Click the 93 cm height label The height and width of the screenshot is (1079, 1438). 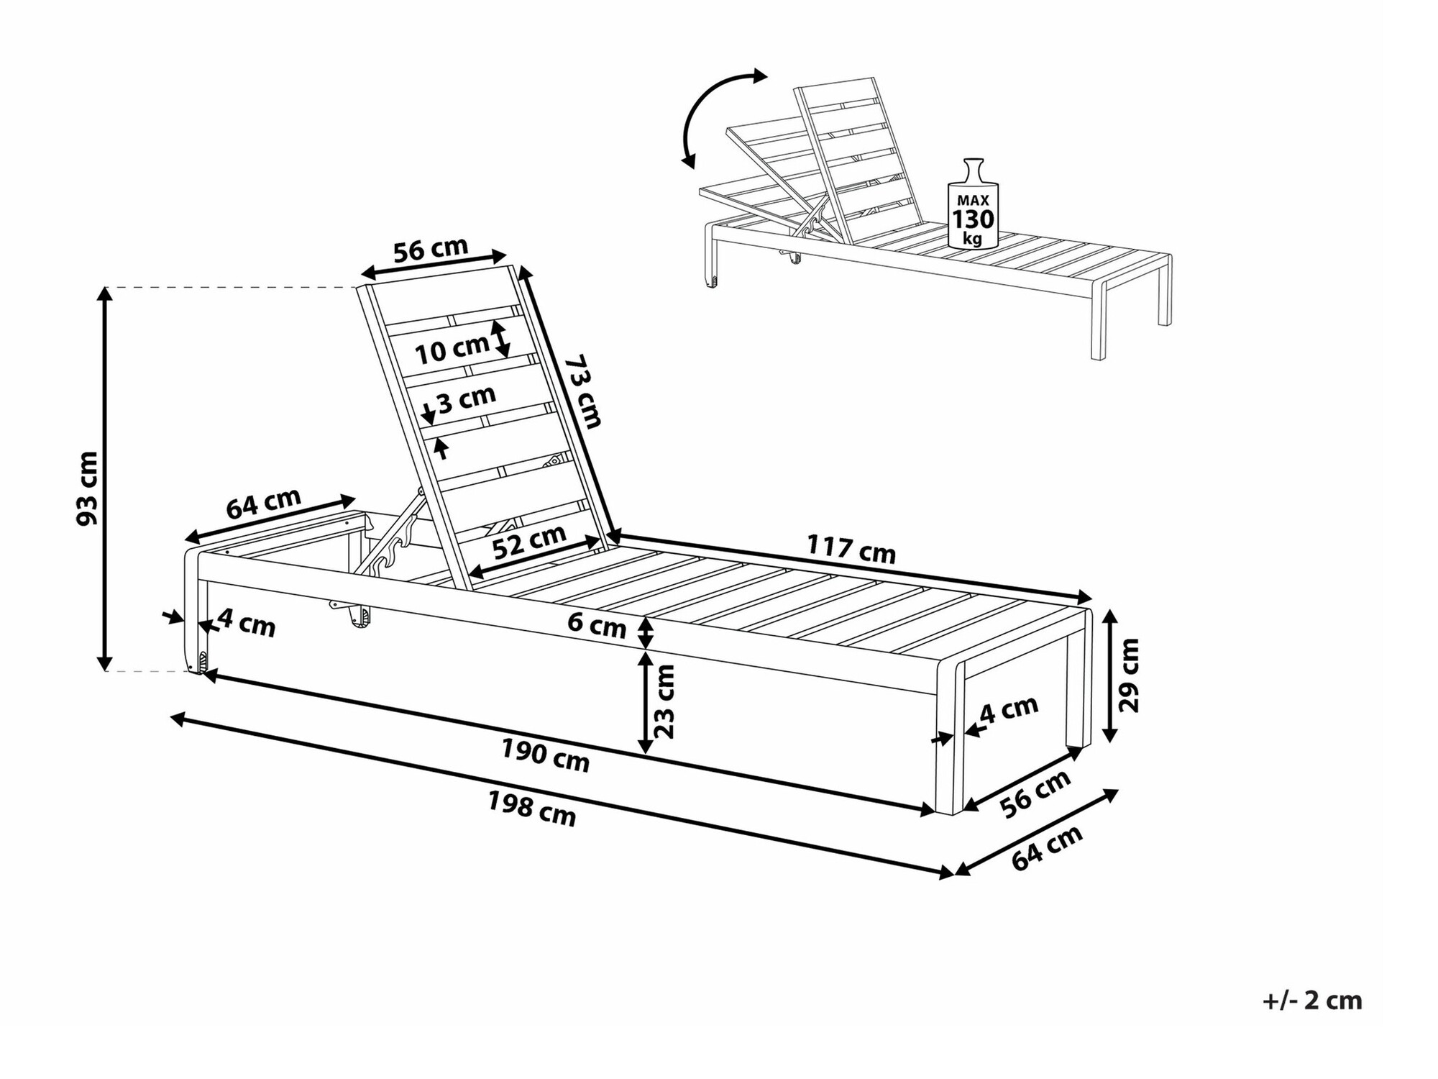click(88, 488)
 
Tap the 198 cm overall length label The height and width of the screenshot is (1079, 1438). click(532, 809)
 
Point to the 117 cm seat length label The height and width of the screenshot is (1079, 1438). click(851, 549)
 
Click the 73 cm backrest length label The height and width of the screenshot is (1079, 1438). click(582, 391)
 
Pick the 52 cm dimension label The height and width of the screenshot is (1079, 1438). click(530, 542)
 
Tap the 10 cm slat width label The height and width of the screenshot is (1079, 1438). click(452, 349)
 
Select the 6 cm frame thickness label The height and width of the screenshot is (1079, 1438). click(597, 624)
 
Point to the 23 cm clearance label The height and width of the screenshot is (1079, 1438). click(665, 701)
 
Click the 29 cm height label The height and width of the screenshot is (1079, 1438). click(1129, 675)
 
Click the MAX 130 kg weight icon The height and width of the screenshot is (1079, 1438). click(973, 204)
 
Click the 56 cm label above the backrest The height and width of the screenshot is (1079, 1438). click(431, 249)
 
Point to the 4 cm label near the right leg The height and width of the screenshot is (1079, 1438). click(1009, 709)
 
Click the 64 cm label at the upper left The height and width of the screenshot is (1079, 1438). click(263, 503)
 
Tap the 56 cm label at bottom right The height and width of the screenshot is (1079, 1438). click(1036, 793)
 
